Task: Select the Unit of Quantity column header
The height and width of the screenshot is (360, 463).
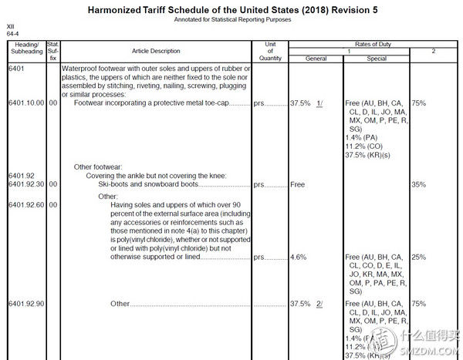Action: [x=270, y=51]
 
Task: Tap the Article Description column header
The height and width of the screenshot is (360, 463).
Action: [x=156, y=51]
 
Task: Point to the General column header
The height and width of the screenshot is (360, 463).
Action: [x=316, y=58]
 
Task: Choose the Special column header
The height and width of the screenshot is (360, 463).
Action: [x=377, y=58]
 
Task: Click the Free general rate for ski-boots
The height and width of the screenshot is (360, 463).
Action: [x=297, y=185]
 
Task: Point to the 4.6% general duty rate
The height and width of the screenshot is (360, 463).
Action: [x=299, y=257]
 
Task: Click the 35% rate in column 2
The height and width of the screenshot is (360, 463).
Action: [x=419, y=185]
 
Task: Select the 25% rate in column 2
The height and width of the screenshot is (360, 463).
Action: [x=419, y=257]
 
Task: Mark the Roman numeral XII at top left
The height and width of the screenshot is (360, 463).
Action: [x=11, y=27]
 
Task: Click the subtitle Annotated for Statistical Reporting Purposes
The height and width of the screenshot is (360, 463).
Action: [x=232, y=20]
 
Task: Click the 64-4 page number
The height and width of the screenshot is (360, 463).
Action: [x=12, y=34]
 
